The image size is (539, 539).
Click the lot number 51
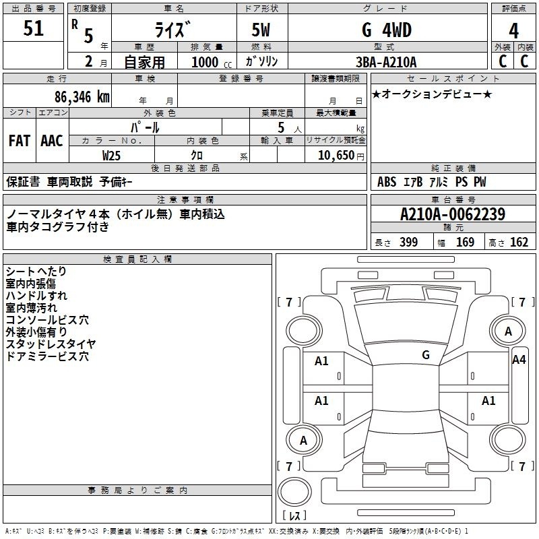[x=33, y=28]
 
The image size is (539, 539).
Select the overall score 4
[x=513, y=31]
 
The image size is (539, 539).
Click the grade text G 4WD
[x=387, y=30]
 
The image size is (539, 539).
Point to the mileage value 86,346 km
[x=82, y=97]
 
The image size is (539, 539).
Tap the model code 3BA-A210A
[x=386, y=62]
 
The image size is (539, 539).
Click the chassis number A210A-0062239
[x=453, y=214]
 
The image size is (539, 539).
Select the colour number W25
[x=111, y=156]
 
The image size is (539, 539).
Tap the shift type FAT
[x=20, y=141]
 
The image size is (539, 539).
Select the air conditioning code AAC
[x=52, y=141]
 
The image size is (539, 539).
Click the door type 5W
[x=261, y=30]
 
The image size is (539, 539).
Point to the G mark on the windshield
[x=426, y=355]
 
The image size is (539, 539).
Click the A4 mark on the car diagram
[x=519, y=360]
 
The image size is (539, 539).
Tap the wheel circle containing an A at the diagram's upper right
[x=508, y=331]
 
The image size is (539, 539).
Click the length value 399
[x=408, y=242]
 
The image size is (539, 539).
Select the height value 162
[x=519, y=242]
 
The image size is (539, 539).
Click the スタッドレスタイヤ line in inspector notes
[x=51, y=344]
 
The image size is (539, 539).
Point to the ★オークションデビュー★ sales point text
[x=432, y=94]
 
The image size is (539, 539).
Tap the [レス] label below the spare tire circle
[x=294, y=515]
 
